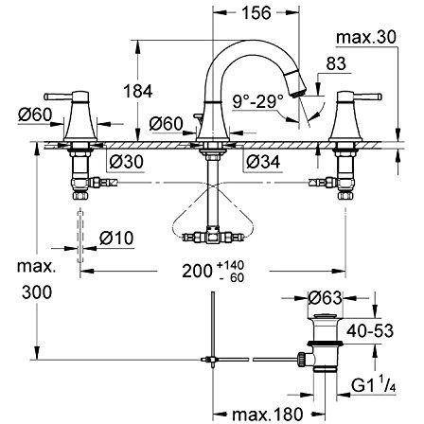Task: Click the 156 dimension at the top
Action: click(256, 13)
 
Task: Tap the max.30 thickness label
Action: click(365, 38)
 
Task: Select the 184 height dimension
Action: click(138, 92)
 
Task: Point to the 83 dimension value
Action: click(336, 63)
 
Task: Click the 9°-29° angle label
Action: click(258, 101)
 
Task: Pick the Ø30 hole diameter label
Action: click(126, 162)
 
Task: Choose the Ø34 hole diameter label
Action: click(263, 162)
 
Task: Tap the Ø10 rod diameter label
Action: click(116, 238)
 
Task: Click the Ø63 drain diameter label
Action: click(325, 298)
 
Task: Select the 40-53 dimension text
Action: click(370, 331)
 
